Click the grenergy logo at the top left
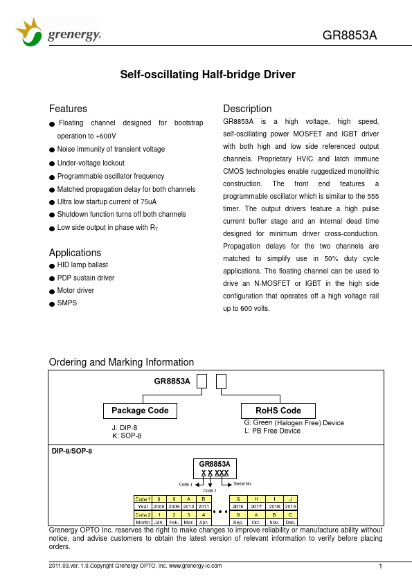point(58,33)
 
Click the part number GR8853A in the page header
point(350,36)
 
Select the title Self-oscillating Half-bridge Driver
point(208,74)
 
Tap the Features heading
point(68,109)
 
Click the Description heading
point(247,109)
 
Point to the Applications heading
point(75,253)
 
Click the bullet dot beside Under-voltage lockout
point(52,163)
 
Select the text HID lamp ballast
point(82,265)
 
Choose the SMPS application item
point(66,303)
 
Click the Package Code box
point(140,411)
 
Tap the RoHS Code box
point(278,411)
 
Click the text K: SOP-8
point(127,436)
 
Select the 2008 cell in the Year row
point(159,506)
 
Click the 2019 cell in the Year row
point(291,506)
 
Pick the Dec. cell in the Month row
point(291,522)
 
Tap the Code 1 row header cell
point(143,499)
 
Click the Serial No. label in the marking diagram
point(243,483)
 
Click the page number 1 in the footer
point(381,567)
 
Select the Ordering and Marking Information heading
point(121,362)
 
